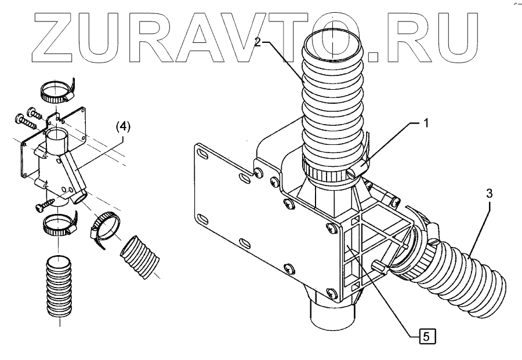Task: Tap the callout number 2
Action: tap(259, 43)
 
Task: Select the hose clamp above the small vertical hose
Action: tap(58, 224)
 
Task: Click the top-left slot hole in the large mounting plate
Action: tap(202, 153)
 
